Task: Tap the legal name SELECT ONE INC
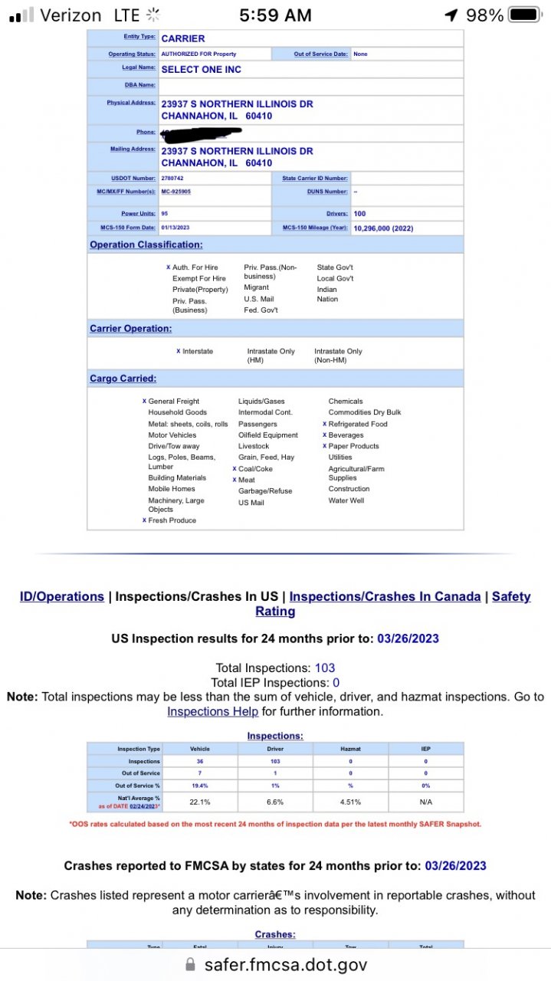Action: pos(201,70)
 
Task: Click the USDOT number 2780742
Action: pos(172,179)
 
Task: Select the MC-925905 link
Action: pos(175,192)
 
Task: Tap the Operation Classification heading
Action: pos(146,244)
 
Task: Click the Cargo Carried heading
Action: pos(123,379)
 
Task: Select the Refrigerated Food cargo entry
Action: pos(358,424)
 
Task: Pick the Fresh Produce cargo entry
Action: pos(172,520)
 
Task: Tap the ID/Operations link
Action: pos(62,596)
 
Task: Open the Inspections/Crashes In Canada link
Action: pos(385,596)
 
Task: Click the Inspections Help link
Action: pos(212,711)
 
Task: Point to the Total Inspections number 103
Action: pos(325,668)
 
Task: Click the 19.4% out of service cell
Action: pos(199,786)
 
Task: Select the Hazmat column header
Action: pos(350,749)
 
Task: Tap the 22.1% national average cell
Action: pos(199,802)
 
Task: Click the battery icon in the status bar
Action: pos(525,15)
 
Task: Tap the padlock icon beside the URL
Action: pos(191,964)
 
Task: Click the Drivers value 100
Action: pos(359,214)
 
